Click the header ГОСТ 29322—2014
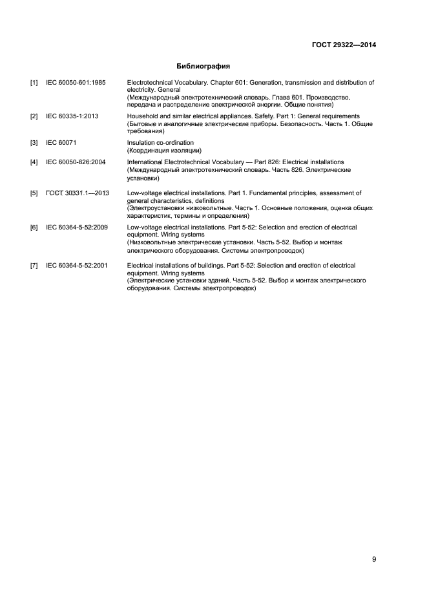(343, 45)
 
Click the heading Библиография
(203, 66)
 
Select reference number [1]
(34, 83)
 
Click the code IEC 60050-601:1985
(76, 83)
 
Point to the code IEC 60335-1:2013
(72, 116)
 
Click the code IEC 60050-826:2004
(76, 162)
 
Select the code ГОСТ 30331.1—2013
(78, 193)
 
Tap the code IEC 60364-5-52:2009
(77, 228)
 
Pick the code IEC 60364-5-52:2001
(77, 266)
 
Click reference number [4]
(34, 162)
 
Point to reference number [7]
(34, 266)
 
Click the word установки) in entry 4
(143, 177)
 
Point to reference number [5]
(34, 193)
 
